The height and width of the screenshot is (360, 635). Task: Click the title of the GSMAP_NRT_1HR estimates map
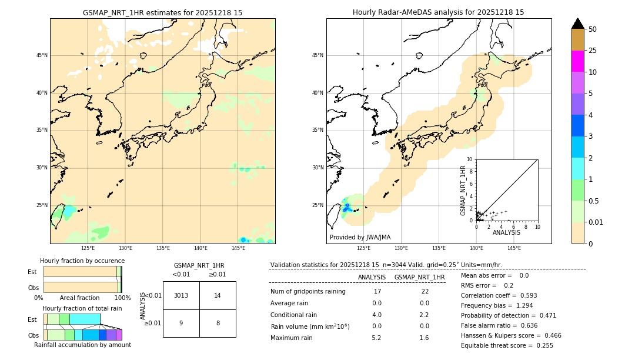162,12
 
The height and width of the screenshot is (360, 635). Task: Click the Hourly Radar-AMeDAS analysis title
438,12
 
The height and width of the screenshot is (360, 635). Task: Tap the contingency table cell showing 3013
181,295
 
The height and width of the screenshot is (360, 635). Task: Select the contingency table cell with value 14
218,295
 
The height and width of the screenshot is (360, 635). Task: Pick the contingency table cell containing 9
181,323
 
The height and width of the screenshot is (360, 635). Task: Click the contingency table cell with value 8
218,323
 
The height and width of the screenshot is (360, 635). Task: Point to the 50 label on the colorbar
593,29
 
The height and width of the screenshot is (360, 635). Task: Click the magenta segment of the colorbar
578,61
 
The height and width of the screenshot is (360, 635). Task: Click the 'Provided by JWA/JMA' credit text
360,238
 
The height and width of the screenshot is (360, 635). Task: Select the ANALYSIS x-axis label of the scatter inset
506,232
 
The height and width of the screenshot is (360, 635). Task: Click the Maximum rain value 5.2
376,338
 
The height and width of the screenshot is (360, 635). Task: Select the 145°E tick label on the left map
238,248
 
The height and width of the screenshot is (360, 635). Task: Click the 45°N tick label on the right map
317,55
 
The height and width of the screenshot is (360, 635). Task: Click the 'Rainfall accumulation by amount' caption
83,345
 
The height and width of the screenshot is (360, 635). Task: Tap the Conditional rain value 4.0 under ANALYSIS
376,315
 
